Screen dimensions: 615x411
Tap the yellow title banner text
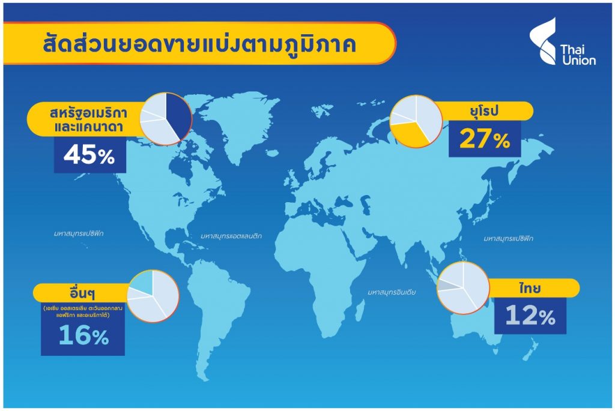click(199, 44)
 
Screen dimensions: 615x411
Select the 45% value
click(89, 155)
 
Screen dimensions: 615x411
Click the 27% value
click(485, 139)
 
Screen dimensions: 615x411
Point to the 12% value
click(530, 316)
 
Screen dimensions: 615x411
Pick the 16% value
click(84, 336)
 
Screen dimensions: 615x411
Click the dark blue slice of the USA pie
click(177, 115)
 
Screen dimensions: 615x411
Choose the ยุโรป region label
click(484, 112)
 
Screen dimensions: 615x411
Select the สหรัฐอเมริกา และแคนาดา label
click(89, 120)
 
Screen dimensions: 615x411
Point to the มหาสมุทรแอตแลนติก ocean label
click(231, 236)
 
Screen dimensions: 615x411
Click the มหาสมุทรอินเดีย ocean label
click(392, 292)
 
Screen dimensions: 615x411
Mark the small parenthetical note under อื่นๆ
click(83, 312)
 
